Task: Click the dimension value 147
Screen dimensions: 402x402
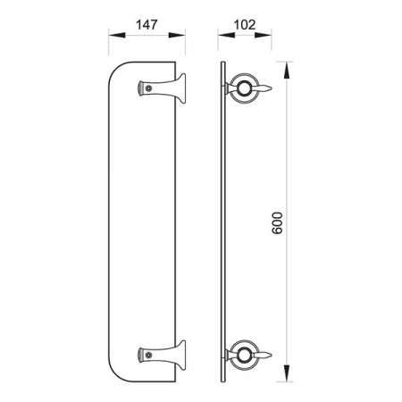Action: point(147,25)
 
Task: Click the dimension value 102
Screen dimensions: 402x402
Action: point(245,25)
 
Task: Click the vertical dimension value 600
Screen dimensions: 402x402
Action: point(278,223)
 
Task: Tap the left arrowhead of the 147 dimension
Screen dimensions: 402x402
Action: point(117,35)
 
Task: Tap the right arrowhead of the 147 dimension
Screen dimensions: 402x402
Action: point(177,35)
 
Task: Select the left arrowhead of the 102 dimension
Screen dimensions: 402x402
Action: point(226,35)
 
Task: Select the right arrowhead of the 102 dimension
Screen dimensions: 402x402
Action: point(263,35)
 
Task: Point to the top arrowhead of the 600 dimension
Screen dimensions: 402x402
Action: point(287,71)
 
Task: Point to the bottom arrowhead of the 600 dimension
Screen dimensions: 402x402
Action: point(287,373)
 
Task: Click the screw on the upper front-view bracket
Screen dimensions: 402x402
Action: point(148,88)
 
